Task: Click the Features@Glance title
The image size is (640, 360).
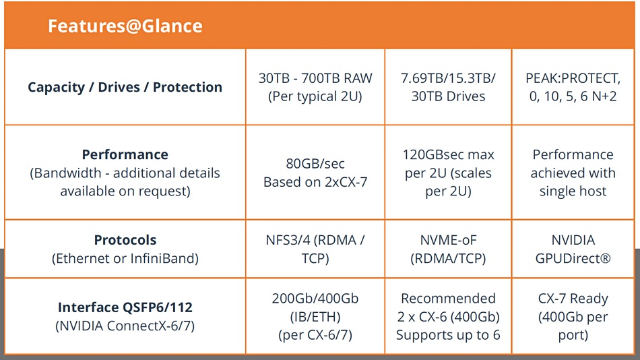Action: coord(125,26)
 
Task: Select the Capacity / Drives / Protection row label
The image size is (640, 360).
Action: coord(125,87)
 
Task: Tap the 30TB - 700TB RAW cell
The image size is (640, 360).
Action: coord(315,87)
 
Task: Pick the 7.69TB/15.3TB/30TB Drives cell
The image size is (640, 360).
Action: coord(448,87)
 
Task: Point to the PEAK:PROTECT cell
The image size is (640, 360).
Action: coord(573,87)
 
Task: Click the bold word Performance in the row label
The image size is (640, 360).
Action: coord(125,154)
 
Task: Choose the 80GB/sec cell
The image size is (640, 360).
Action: coord(315,173)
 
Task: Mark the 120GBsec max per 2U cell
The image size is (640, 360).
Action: coord(448,173)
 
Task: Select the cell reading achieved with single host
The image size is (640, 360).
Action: coord(573,173)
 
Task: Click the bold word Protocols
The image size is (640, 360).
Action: coord(125,240)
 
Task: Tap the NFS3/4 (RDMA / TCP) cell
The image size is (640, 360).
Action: coord(315,249)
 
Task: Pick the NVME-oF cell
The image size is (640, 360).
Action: coord(448,249)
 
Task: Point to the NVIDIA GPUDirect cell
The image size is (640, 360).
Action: coord(573,249)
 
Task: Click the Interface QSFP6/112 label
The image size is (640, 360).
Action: coord(125,307)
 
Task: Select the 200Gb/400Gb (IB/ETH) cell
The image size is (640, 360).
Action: coord(315,316)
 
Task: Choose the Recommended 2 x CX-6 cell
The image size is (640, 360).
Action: coord(448,316)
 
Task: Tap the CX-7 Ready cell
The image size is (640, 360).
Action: coord(573,316)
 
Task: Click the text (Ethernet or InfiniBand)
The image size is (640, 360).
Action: coord(125,258)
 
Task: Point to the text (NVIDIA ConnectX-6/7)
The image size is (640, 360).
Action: coord(125,326)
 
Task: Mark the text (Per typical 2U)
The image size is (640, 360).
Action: coord(315,96)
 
